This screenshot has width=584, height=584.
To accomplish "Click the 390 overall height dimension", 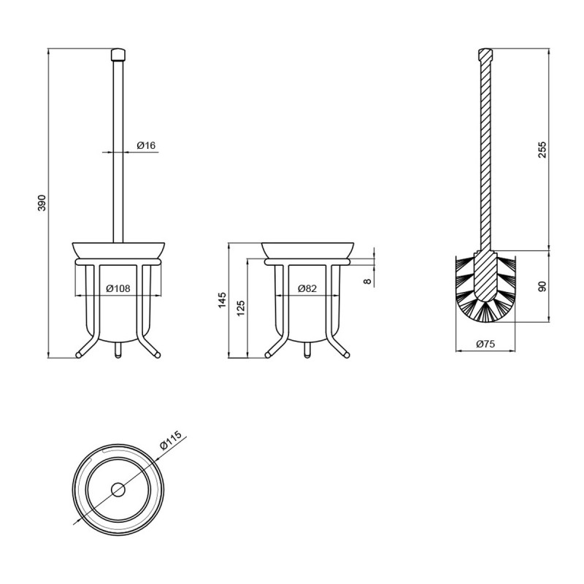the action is click(42, 203).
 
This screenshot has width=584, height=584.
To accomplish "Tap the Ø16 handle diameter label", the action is click(145, 145).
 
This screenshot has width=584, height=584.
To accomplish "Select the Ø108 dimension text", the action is click(118, 288).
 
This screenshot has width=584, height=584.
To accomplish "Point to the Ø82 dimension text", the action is click(307, 288).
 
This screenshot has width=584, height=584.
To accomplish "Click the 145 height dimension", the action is click(222, 300).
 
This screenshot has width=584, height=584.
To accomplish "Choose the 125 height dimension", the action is click(241, 308).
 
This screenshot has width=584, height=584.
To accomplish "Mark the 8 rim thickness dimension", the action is click(368, 281).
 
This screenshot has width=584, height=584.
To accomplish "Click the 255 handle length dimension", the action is click(542, 150).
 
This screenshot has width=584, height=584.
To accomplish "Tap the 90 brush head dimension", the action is click(542, 286).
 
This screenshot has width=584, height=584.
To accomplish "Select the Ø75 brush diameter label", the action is click(485, 344).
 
